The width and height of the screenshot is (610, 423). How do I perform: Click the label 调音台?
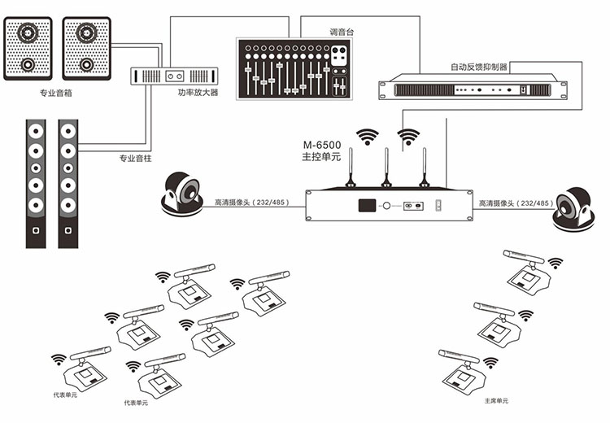tap(342, 32)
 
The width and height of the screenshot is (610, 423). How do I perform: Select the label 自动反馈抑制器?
tap(479, 67)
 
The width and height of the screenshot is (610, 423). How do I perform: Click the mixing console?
tap(294, 68)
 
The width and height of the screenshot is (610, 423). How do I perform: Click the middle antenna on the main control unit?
tap(386, 168)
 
